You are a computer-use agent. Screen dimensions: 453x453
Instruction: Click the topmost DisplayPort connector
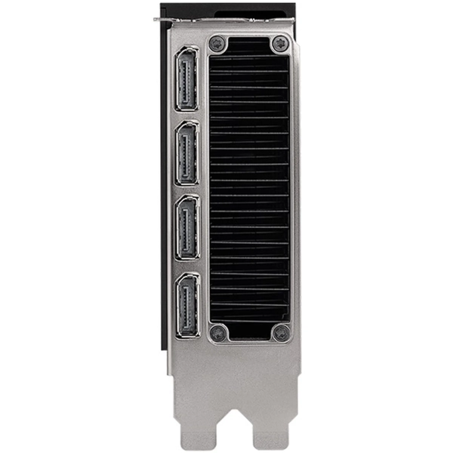coord(186,79)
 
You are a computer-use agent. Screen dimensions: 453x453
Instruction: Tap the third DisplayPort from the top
coord(186,227)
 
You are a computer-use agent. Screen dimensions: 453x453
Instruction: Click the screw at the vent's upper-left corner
coord(217,43)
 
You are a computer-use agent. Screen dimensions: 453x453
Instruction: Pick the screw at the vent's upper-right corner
coord(280,43)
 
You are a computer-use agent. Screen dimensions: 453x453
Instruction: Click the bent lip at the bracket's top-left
coord(163,20)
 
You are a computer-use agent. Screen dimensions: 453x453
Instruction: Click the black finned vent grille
coord(249,189)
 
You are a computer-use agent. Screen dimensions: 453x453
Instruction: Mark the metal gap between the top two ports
coord(186,116)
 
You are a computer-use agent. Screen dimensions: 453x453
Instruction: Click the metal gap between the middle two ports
coord(186,190)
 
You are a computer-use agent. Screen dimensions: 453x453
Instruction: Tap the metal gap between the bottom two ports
coord(186,267)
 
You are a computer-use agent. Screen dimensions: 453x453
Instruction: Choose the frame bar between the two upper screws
coord(249,35)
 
